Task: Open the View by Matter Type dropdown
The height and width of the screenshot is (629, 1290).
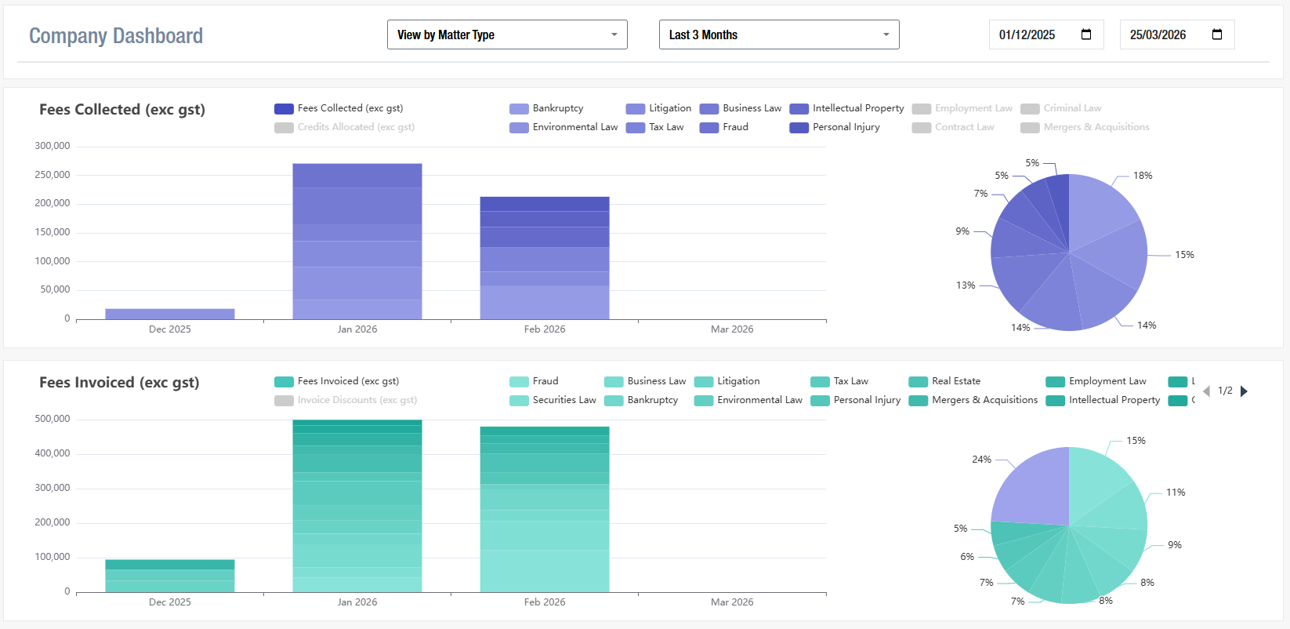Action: tap(506, 35)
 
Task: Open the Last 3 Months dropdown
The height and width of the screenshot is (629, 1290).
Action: tap(778, 35)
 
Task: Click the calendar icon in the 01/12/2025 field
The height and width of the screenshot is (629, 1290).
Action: tap(1086, 35)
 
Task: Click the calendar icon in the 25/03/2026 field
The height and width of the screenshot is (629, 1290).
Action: tap(1217, 35)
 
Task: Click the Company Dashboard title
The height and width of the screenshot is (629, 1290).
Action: tap(116, 36)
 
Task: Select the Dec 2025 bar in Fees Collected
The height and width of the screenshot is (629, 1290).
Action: tap(170, 314)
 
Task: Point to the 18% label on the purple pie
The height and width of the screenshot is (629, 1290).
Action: tap(1143, 176)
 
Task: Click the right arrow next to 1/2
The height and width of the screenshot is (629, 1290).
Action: tap(1245, 391)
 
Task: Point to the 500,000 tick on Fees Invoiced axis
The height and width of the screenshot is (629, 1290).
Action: tap(52, 419)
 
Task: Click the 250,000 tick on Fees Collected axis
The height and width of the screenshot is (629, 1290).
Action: tap(52, 175)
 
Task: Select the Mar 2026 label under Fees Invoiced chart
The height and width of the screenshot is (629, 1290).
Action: tap(732, 602)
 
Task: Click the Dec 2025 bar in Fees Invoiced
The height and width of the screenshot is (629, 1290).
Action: tap(170, 576)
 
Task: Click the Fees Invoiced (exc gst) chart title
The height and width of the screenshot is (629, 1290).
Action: tap(119, 383)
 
